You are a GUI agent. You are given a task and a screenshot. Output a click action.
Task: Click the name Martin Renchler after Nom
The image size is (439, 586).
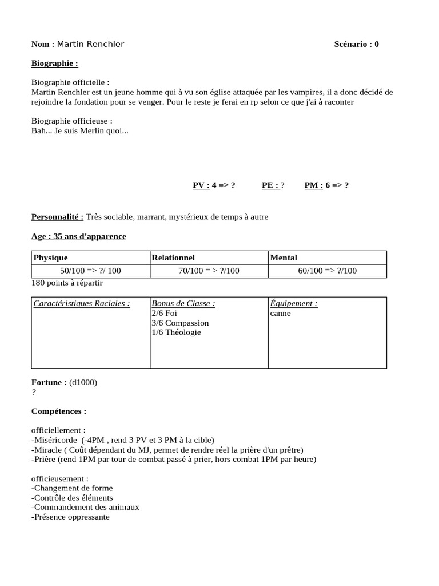(x=90, y=45)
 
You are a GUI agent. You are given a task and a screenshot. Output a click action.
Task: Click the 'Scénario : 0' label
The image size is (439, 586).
(x=356, y=45)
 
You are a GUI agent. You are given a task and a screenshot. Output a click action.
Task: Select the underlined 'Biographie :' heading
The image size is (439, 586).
(x=55, y=64)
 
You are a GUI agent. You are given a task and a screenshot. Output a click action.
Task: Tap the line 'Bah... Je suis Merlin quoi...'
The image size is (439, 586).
(x=80, y=131)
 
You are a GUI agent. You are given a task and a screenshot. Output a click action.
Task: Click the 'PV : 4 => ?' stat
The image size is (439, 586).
(x=214, y=185)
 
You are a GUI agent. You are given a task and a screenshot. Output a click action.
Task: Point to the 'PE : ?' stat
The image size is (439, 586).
(x=273, y=185)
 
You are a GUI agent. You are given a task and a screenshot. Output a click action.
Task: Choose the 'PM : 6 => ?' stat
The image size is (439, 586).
(x=326, y=185)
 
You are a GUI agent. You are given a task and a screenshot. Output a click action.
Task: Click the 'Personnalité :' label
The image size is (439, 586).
(x=58, y=217)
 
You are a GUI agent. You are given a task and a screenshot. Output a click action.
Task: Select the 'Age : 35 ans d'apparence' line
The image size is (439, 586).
(x=79, y=236)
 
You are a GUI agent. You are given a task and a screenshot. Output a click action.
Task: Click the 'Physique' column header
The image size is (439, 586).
(x=51, y=258)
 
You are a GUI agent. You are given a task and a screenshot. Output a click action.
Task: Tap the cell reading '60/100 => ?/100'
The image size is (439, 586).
(x=327, y=271)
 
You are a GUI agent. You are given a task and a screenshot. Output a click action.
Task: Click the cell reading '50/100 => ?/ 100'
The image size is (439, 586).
(x=90, y=271)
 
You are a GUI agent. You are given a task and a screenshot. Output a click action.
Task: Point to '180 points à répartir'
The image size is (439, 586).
(x=67, y=283)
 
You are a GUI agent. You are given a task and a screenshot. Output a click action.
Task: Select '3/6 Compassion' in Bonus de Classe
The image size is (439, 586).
(x=180, y=323)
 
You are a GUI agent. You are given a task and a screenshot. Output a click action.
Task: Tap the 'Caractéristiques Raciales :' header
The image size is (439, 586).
(x=82, y=304)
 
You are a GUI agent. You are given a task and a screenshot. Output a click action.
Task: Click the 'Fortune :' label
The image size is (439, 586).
(x=49, y=382)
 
